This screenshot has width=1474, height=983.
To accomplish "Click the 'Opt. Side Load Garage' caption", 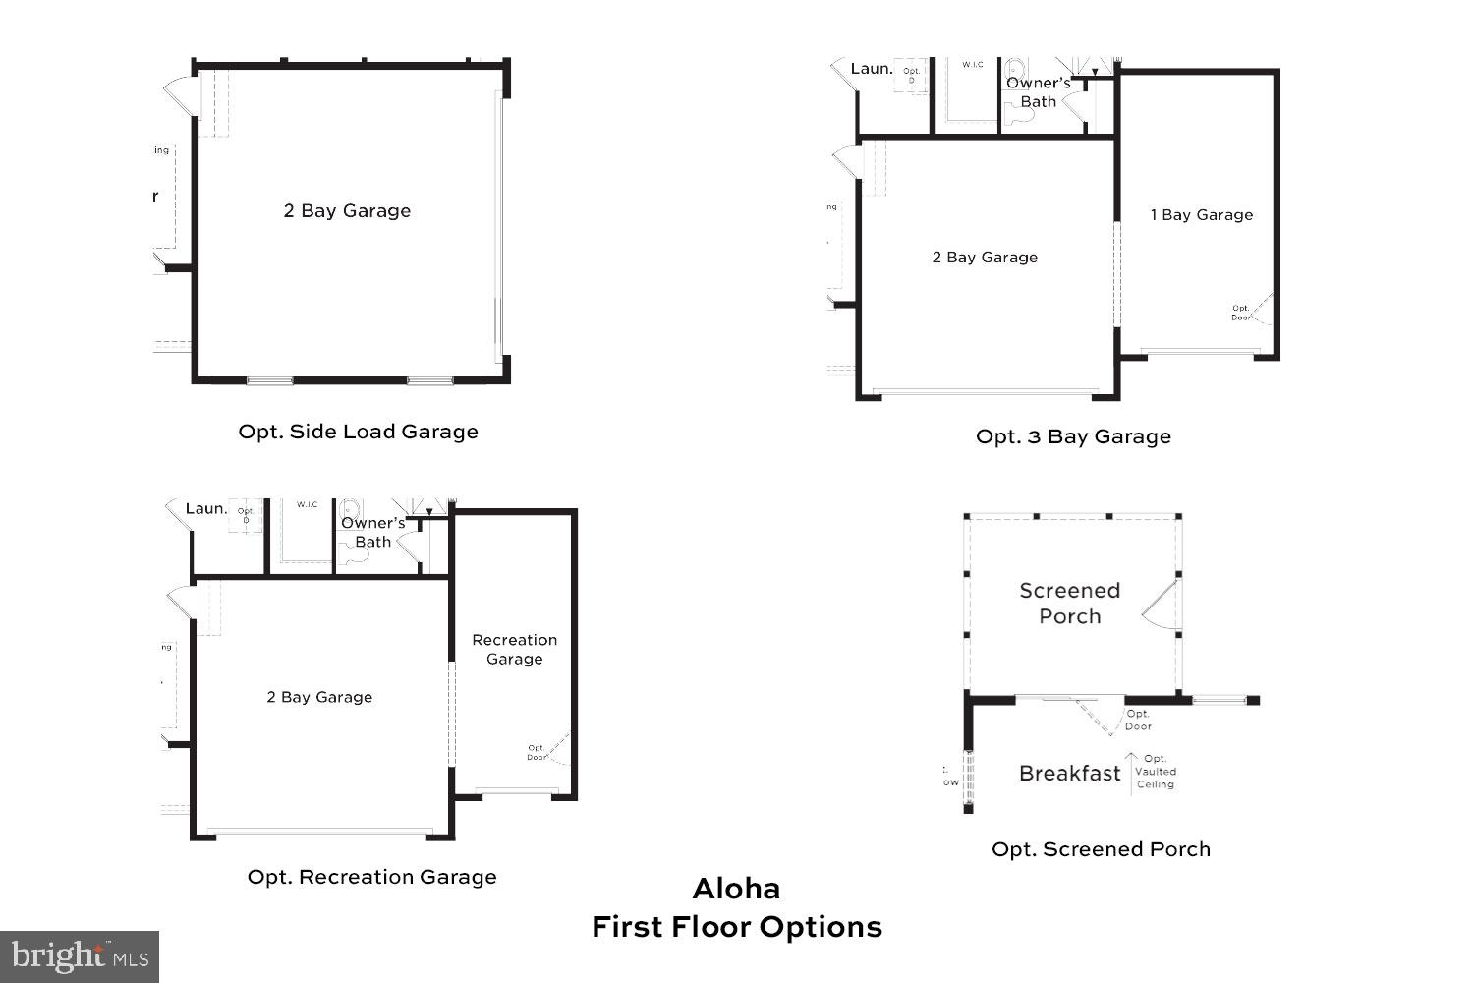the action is pyautogui.click(x=358, y=432).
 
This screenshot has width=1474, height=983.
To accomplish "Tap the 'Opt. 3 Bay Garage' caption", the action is pyautogui.click(x=1073, y=436).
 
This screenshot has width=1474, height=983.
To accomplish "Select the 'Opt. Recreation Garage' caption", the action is pyautogui.click(x=371, y=877).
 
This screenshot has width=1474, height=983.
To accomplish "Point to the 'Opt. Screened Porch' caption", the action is pyautogui.click(x=1101, y=849).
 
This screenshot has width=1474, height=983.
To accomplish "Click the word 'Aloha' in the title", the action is pyautogui.click(x=736, y=889).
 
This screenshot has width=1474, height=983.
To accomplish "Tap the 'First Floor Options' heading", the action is pyautogui.click(x=736, y=927).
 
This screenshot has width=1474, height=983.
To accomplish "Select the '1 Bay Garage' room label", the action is pyautogui.click(x=1202, y=215).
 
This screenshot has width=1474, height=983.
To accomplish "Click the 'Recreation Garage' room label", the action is pyautogui.click(x=514, y=649).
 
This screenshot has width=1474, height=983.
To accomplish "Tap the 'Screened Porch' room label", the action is pyautogui.click(x=1069, y=604).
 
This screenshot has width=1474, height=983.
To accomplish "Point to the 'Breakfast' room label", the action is pyautogui.click(x=1069, y=774).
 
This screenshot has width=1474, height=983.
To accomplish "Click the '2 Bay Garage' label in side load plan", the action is pyautogui.click(x=347, y=211).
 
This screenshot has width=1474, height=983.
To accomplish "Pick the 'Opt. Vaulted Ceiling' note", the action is pyautogui.click(x=1156, y=772).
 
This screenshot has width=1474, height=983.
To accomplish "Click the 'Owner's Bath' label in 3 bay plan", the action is pyautogui.click(x=1038, y=92).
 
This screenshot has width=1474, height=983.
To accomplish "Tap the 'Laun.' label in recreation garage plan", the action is pyautogui.click(x=206, y=509).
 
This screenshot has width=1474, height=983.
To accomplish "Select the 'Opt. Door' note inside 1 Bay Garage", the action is pyautogui.click(x=1241, y=313).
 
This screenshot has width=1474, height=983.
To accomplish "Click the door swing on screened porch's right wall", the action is pyautogui.click(x=1162, y=605).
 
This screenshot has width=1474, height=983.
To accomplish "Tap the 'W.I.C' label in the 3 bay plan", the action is pyautogui.click(x=973, y=65).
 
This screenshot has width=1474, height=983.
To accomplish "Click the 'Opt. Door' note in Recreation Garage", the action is pyautogui.click(x=537, y=753).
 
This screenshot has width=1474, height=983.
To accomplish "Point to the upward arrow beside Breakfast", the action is pyautogui.click(x=1131, y=772).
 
